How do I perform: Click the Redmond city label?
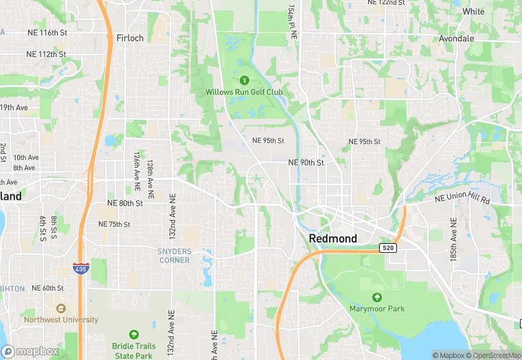click(x=333, y=238)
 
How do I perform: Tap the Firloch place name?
click(x=130, y=38)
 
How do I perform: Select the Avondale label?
click(x=457, y=38)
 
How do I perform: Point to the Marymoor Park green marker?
click(x=376, y=297)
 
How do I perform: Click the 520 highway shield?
click(x=389, y=247)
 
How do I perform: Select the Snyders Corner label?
click(x=174, y=256)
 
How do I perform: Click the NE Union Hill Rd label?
click(x=462, y=199)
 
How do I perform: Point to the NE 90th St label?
click(x=306, y=163)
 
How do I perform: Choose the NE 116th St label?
click(x=47, y=33)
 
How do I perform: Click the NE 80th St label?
click(x=125, y=203)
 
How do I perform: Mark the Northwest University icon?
click(x=61, y=308)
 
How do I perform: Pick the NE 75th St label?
click(x=114, y=224)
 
